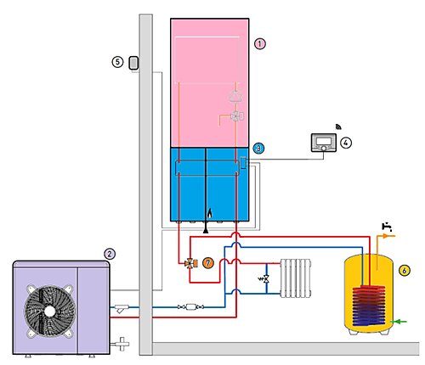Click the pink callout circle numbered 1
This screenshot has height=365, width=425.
(260, 44)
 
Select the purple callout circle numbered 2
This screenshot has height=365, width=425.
(110, 254)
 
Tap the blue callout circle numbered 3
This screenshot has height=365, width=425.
(258, 149)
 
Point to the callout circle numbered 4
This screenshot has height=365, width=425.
(346, 143)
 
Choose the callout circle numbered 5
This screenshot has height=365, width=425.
(117, 62)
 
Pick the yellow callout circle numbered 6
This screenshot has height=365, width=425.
(405, 271)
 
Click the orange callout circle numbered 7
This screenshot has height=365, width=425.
(208, 263)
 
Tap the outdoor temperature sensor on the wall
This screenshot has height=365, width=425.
(133, 63)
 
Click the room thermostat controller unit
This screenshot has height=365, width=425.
(324, 143)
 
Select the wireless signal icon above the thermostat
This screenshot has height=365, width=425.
(338, 126)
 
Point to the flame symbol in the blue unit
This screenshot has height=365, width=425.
(209, 213)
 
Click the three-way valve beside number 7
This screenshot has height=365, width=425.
(190, 263)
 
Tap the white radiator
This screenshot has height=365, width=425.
(296, 278)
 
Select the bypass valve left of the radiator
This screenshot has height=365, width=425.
(264, 279)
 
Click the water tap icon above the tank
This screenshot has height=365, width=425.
(387, 227)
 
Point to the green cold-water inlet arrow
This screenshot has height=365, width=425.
(399, 322)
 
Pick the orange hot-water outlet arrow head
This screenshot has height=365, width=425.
(385, 236)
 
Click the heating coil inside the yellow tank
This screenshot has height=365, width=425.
(369, 306)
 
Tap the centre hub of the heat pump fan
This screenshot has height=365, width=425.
(50, 312)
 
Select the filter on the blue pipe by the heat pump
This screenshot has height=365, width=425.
(122, 308)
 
